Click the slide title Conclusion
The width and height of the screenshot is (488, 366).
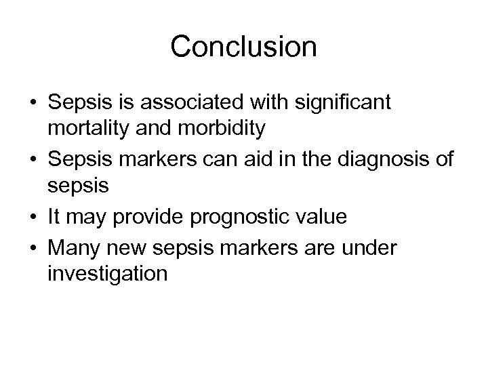click(243, 47)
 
